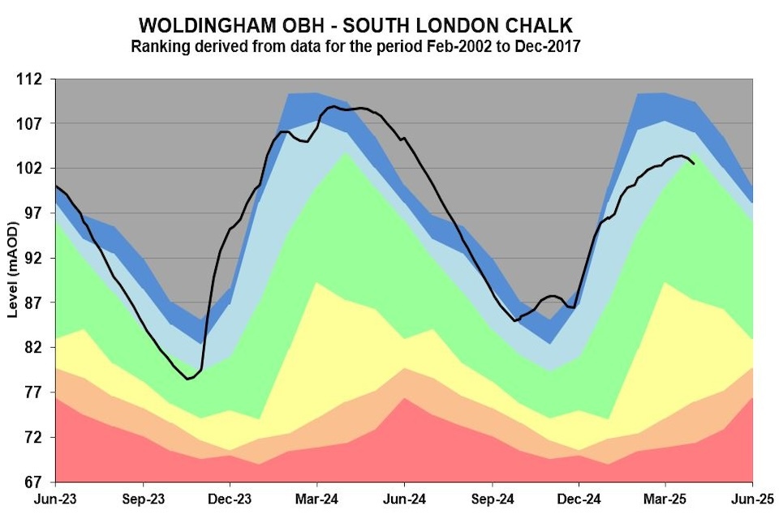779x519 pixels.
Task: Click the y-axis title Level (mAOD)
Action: pyautogui.click(x=13, y=281)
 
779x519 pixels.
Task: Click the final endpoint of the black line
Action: pyautogui.click(x=693, y=164)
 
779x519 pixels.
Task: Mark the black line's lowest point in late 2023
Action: pyautogui.click(x=187, y=379)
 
